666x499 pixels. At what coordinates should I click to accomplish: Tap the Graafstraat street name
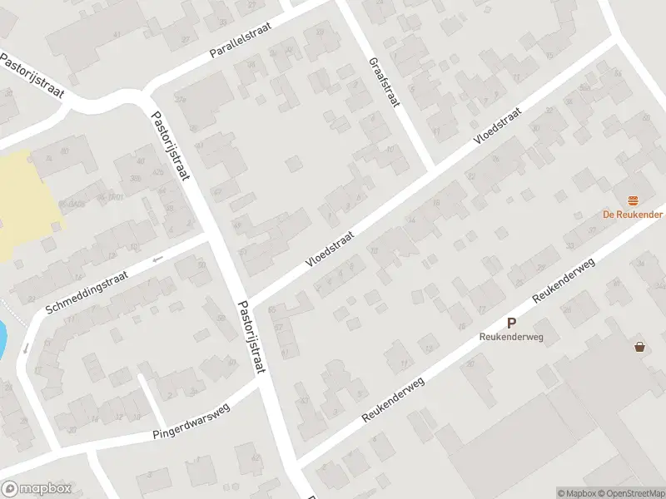coord(383,83)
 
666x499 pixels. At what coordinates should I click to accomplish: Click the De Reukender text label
coord(633,214)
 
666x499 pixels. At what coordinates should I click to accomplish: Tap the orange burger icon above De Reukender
coord(634,200)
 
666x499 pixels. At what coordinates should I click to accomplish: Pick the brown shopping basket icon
coord(639,346)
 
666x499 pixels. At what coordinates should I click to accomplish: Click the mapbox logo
coord(37,489)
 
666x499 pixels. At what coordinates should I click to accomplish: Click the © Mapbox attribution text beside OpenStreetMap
coord(575,493)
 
